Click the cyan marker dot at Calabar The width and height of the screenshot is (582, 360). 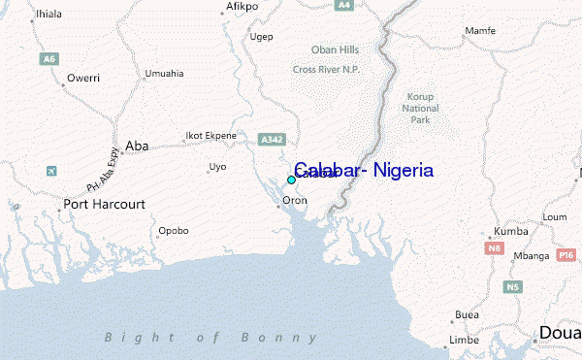click(x=291, y=180)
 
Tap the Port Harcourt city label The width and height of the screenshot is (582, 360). click(x=104, y=205)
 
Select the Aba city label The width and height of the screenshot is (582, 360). click(x=137, y=146)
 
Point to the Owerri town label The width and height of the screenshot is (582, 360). click(x=83, y=77)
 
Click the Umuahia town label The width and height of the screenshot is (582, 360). click(x=163, y=74)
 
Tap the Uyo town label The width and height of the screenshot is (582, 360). click(x=217, y=167)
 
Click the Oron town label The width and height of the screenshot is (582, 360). click(x=294, y=201)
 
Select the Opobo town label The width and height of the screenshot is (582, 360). click(x=174, y=231)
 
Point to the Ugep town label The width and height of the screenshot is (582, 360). click(x=261, y=37)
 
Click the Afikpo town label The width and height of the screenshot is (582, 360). click(x=242, y=6)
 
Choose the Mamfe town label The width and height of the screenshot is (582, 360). click(x=480, y=31)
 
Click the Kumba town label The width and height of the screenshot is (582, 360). click(x=511, y=232)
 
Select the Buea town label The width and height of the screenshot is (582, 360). click(x=468, y=315)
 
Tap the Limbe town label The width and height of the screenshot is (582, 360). click(x=465, y=341)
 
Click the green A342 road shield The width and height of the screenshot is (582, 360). click(x=271, y=141)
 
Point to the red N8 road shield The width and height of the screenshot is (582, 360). click(x=495, y=249)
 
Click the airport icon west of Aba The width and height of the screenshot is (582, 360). click(x=51, y=172)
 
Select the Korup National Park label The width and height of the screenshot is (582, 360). click(x=420, y=108)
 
